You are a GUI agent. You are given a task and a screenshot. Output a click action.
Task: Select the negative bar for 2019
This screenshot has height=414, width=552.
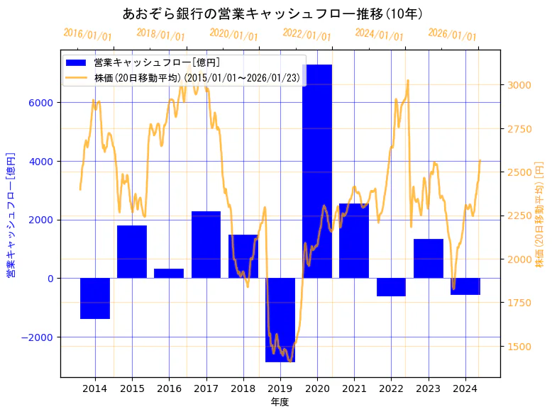(x=280, y=320)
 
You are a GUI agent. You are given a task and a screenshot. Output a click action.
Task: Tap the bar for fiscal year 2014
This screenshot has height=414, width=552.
(x=95, y=298)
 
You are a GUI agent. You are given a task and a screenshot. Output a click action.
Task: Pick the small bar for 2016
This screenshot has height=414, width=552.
(x=169, y=274)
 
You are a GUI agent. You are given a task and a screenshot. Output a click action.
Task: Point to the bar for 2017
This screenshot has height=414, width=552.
(x=206, y=245)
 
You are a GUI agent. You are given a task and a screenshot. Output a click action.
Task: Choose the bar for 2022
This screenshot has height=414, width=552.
(x=391, y=287)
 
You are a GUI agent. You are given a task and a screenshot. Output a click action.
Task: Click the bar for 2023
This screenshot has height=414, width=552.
(x=428, y=259)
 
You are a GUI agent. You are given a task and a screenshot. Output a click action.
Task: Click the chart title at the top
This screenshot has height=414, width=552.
(x=272, y=14)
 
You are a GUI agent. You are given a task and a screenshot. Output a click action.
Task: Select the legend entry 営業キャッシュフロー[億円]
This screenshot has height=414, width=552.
(x=157, y=63)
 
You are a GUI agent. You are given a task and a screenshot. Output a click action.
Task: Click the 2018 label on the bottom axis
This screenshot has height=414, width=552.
(x=243, y=388)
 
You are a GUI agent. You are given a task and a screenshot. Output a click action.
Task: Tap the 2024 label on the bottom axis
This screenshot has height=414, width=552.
(x=465, y=388)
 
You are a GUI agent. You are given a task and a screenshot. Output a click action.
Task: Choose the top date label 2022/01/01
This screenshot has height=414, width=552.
(x=307, y=35)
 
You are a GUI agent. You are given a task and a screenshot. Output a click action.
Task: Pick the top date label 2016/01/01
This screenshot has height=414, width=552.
(x=87, y=35)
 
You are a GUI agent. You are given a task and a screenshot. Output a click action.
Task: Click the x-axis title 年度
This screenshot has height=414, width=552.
(x=280, y=402)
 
